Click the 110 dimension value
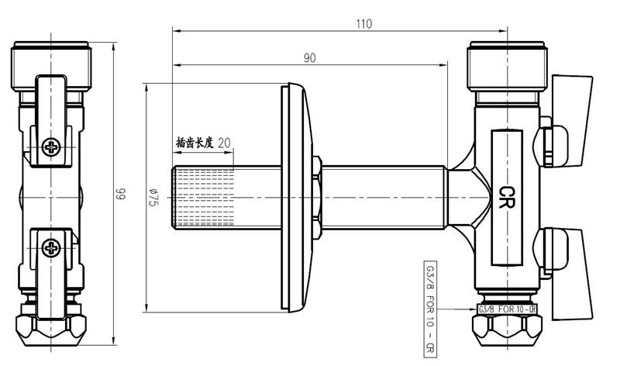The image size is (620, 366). point(363,24)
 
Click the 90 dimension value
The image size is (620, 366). point(310,57)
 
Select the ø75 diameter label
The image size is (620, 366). point(153,197)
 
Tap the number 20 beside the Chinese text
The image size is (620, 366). point(224,143)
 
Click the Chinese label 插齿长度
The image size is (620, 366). point(195,143)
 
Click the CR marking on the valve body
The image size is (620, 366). point(507,197)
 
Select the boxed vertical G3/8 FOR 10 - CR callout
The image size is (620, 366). point(430,309)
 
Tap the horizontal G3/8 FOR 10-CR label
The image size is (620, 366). point(507,309)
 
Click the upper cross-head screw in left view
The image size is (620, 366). point(51,147)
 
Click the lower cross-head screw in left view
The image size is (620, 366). point(51,247)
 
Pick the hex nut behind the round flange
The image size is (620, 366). point(317,198)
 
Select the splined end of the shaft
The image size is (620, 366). point(203,198)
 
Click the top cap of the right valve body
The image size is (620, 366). point(507,66)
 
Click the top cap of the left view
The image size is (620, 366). point(51,66)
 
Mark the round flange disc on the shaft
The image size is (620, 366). point(297,198)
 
